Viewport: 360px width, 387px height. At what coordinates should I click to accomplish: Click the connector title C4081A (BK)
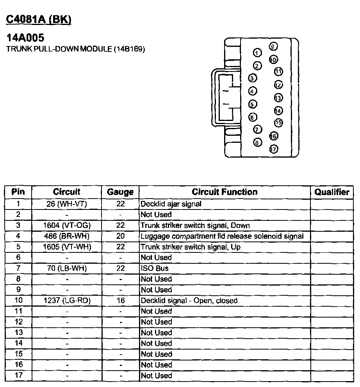39,20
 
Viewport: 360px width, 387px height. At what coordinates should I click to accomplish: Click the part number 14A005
25,38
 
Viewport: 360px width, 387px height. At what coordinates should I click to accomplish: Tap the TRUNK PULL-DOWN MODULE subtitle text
76,49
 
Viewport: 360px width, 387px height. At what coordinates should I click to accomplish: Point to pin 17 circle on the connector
274,149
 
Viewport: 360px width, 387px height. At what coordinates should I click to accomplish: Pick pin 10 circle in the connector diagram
273,60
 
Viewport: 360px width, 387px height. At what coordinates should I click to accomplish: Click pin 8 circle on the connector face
257,142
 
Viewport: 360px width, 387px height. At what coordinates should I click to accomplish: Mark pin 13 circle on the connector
278,98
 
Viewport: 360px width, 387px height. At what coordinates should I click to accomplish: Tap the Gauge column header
120,192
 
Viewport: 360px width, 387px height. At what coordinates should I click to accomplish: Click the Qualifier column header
332,192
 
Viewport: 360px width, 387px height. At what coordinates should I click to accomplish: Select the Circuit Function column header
225,192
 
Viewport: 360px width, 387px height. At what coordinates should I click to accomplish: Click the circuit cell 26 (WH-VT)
66,204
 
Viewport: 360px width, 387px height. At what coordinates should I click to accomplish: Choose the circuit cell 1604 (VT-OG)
66,225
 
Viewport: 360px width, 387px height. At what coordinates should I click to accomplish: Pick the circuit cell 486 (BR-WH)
66,236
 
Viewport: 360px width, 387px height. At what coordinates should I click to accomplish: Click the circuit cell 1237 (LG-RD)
66,300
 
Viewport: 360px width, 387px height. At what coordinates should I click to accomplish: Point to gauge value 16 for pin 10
120,300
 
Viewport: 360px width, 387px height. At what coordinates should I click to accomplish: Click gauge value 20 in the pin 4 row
120,236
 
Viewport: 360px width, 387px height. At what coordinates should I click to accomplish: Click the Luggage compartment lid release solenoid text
222,236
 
